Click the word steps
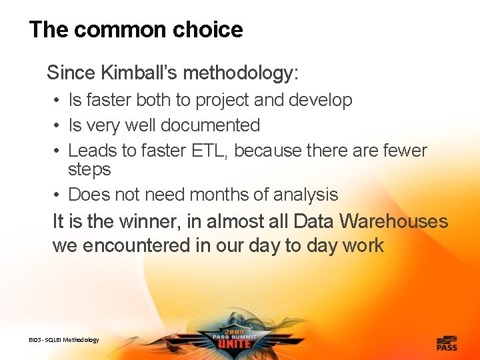(89, 170)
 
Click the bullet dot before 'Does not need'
(59, 195)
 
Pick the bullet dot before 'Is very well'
(59, 125)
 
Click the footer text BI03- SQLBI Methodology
(64, 340)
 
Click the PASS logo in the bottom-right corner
(447, 342)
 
